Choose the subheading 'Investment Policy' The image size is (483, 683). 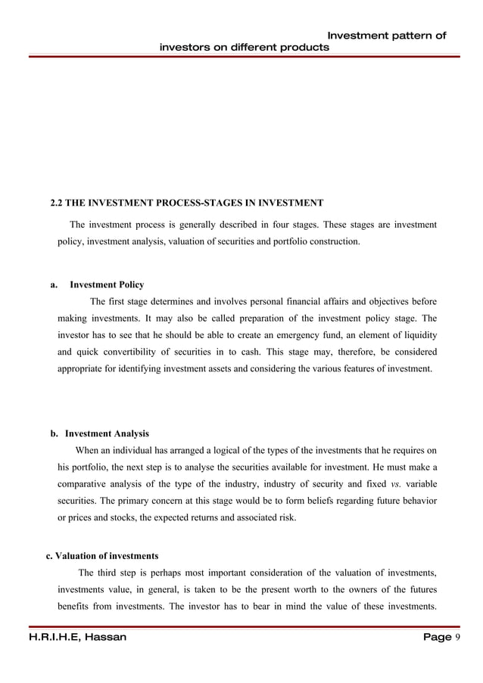tap(107, 285)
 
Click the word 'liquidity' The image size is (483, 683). tap(416, 335)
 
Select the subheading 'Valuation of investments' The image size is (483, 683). tap(107, 556)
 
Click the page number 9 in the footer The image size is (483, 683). tap(457, 638)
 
